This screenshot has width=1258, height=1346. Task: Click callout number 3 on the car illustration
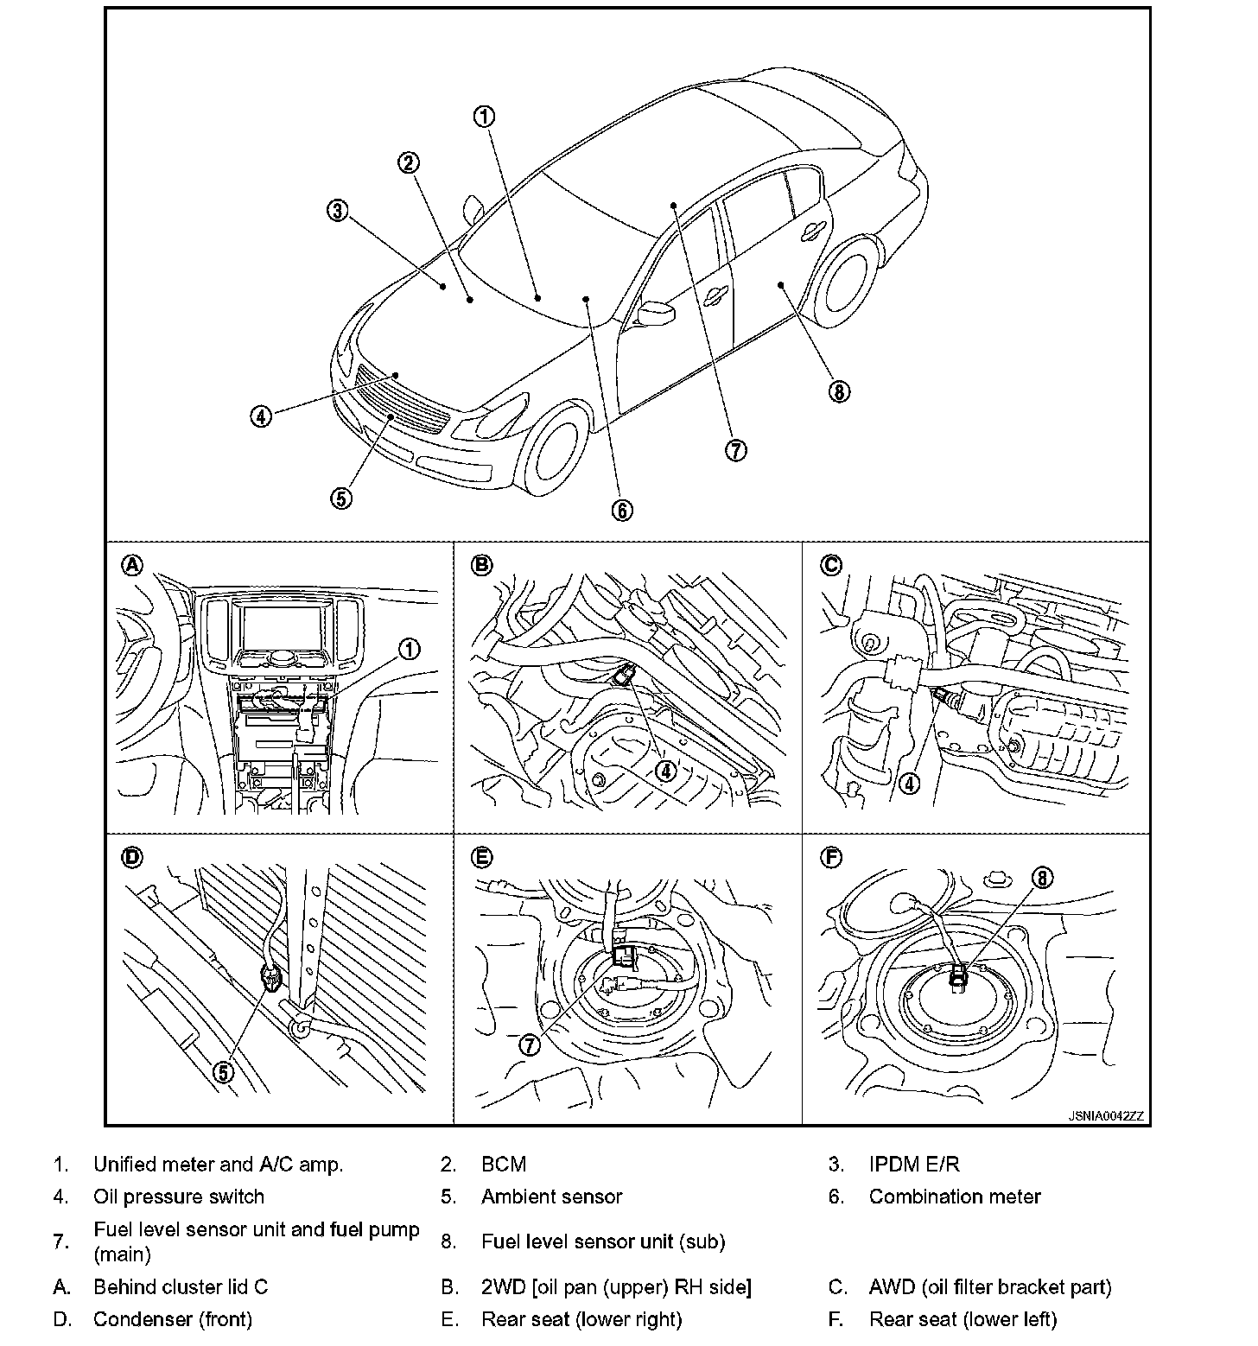tap(337, 210)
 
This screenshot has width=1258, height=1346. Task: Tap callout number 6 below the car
tap(622, 510)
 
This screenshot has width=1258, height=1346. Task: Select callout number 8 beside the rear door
tap(838, 391)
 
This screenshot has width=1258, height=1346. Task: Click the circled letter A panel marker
tap(131, 565)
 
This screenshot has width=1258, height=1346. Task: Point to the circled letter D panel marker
tap(131, 857)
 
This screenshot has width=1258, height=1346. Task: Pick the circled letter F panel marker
tap(830, 857)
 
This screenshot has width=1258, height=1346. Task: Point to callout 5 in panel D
tap(223, 1071)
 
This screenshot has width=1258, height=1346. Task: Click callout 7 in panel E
tap(529, 1044)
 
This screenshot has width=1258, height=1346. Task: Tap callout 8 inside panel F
tap(1042, 878)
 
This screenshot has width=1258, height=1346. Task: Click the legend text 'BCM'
tap(504, 1165)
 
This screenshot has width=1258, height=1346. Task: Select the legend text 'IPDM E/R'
tap(914, 1165)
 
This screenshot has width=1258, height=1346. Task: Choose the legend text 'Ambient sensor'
tap(551, 1197)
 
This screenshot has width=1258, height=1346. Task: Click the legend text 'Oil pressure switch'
tap(179, 1197)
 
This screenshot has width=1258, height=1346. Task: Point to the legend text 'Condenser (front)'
tap(173, 1319)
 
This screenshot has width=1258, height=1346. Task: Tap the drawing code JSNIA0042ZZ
tap(1106, 1116)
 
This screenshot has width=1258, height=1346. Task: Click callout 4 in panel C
tap(909, 784)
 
